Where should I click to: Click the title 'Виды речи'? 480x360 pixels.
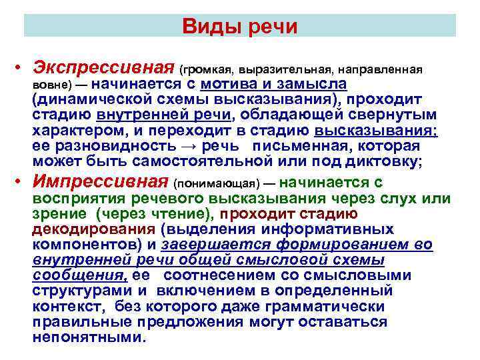239,27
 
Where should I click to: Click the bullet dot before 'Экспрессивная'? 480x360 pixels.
21,70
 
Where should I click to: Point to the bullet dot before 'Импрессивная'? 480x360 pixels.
21,182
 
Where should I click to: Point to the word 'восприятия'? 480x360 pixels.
77,198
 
